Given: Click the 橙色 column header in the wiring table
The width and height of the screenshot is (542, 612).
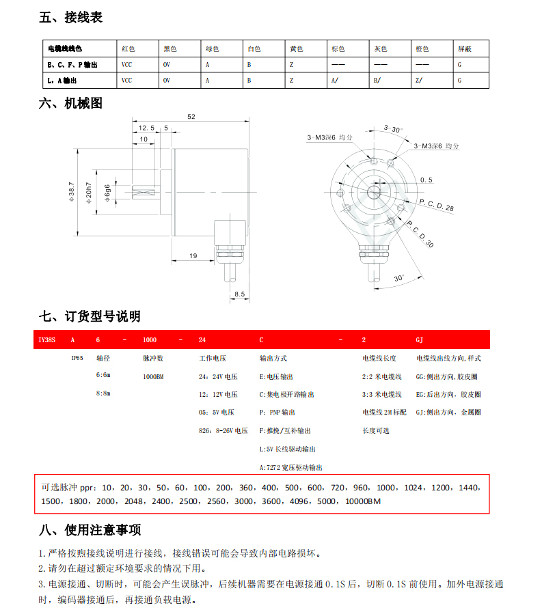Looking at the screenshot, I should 422,49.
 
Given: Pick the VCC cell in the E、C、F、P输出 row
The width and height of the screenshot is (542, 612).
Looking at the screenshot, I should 126,65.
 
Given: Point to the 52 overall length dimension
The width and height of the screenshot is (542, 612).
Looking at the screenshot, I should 191,117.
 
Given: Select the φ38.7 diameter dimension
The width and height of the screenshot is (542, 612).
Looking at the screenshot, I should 72,193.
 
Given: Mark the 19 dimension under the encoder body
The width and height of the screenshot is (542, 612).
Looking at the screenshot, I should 192,256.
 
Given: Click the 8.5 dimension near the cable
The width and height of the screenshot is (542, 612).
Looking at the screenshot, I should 239,294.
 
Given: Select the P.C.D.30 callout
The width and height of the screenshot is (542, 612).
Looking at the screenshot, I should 420,234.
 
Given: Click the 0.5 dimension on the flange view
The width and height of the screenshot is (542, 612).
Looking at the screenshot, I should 426,180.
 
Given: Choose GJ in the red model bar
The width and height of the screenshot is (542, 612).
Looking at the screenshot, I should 420,339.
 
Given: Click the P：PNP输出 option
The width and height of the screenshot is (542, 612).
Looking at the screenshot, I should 277,413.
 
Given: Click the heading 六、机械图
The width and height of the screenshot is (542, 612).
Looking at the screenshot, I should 70,104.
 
